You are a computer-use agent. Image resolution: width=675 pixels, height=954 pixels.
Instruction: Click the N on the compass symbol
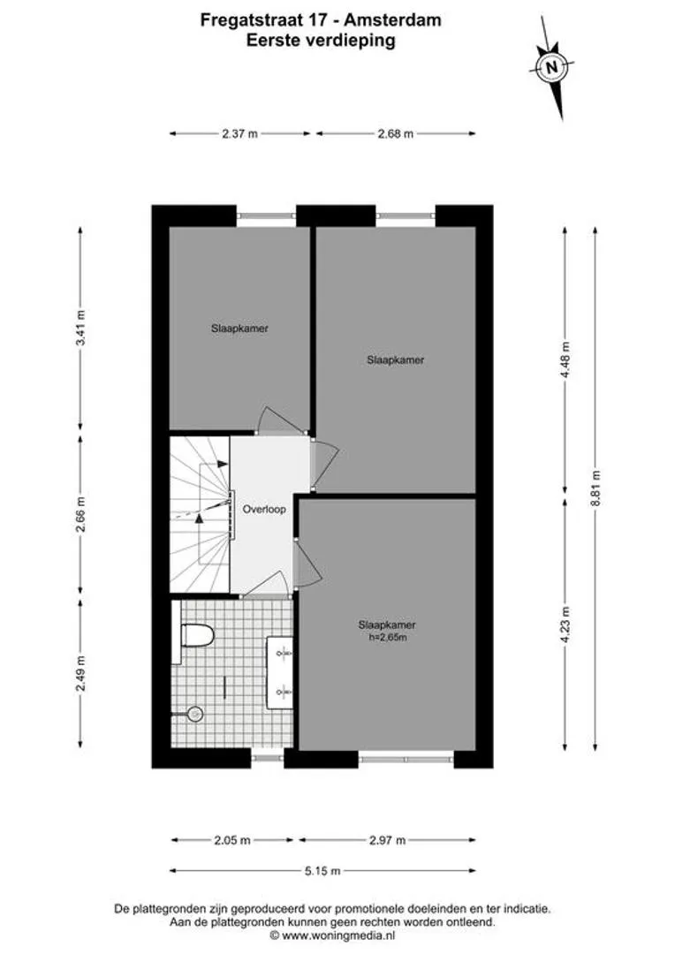point(551,67)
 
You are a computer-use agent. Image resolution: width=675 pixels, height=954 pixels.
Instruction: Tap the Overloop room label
point(264,510)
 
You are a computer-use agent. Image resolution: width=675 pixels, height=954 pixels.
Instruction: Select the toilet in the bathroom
point(198,635)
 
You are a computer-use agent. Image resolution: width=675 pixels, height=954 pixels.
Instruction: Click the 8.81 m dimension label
point(596,488)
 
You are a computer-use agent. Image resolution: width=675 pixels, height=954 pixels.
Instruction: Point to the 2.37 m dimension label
point(239,134)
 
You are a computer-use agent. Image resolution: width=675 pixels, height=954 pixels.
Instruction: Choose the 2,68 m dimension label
point(396,134)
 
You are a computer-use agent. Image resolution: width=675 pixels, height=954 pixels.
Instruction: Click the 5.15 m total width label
point(322,871)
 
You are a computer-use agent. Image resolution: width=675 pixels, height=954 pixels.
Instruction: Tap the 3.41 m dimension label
point(80,328)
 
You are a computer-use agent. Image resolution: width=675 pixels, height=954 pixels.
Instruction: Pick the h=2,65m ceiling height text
point(387,637)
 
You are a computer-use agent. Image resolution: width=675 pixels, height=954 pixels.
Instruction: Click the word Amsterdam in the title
point(392,20)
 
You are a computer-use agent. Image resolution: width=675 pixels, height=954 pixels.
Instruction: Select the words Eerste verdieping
point(321,41)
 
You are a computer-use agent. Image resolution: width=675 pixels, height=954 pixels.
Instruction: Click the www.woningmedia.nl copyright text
point(338,935)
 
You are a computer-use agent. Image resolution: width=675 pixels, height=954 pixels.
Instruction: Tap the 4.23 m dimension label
point(566,626)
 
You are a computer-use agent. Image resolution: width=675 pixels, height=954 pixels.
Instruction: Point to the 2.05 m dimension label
point(231,840)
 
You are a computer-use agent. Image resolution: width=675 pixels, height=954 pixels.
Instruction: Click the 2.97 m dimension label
point(387,840)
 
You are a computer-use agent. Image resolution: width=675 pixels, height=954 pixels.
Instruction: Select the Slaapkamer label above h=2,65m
point(387,625)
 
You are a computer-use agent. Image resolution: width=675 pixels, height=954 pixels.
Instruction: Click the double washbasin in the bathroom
point(281,672)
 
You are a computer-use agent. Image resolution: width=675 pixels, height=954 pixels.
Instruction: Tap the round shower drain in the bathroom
point(194,714)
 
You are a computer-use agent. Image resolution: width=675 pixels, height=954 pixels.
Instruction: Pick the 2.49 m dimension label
point(80,673)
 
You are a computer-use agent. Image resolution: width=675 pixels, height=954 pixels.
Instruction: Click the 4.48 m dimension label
point(566,360)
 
